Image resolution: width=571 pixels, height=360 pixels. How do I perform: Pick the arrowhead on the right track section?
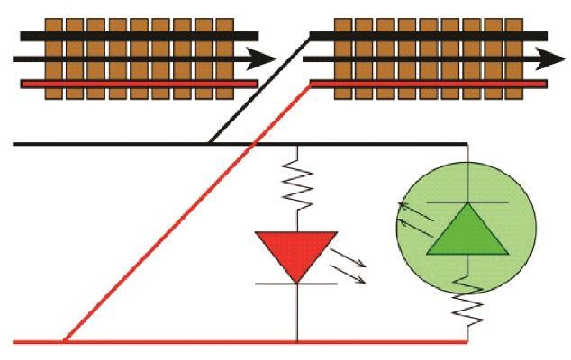coord(541,59)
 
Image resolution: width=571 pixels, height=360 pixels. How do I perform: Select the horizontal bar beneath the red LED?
coord(296,283)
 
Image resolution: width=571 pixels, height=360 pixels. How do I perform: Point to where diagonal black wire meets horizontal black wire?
coord(209,143)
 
